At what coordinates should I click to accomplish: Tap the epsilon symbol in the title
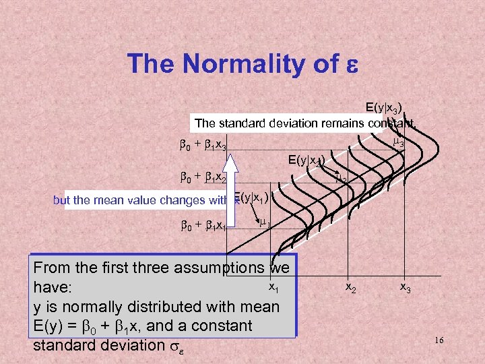point(351,65)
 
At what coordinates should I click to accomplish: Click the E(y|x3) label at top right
point(384,108)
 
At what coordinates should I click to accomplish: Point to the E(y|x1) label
point(251,197)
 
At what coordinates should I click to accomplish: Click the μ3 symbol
point(398,142)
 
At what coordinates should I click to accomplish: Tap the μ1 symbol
point(265,223)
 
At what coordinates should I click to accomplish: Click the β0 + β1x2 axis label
point(203,179)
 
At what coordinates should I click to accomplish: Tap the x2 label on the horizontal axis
point(351,287)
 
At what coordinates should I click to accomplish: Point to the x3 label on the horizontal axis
point(405,287)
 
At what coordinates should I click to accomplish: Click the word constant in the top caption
point(391,123)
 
